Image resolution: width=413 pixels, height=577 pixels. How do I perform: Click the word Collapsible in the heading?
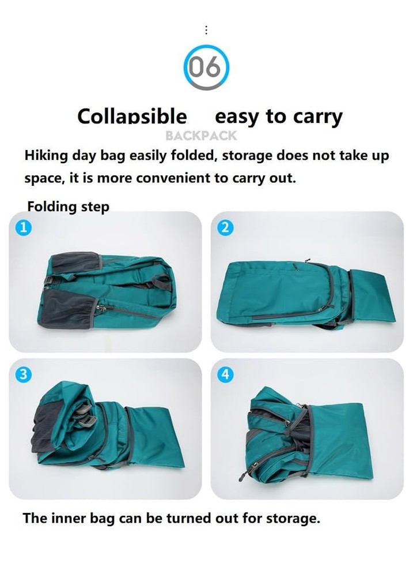(132, 117)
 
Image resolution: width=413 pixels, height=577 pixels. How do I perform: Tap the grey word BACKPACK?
(201, 136)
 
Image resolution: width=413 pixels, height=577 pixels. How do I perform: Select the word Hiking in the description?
(46, 156)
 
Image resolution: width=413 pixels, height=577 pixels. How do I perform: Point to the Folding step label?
(68, 207)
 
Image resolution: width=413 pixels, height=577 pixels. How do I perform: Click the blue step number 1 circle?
(22, 227)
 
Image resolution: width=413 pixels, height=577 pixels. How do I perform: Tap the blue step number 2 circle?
(225, 227)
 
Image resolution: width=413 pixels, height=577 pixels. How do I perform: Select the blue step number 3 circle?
(22, 374)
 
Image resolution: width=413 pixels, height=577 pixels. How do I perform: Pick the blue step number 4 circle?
(225, 374)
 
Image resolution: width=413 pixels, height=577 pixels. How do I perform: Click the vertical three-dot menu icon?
(206, 30)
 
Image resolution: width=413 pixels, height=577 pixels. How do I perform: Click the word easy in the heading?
(237, 117)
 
